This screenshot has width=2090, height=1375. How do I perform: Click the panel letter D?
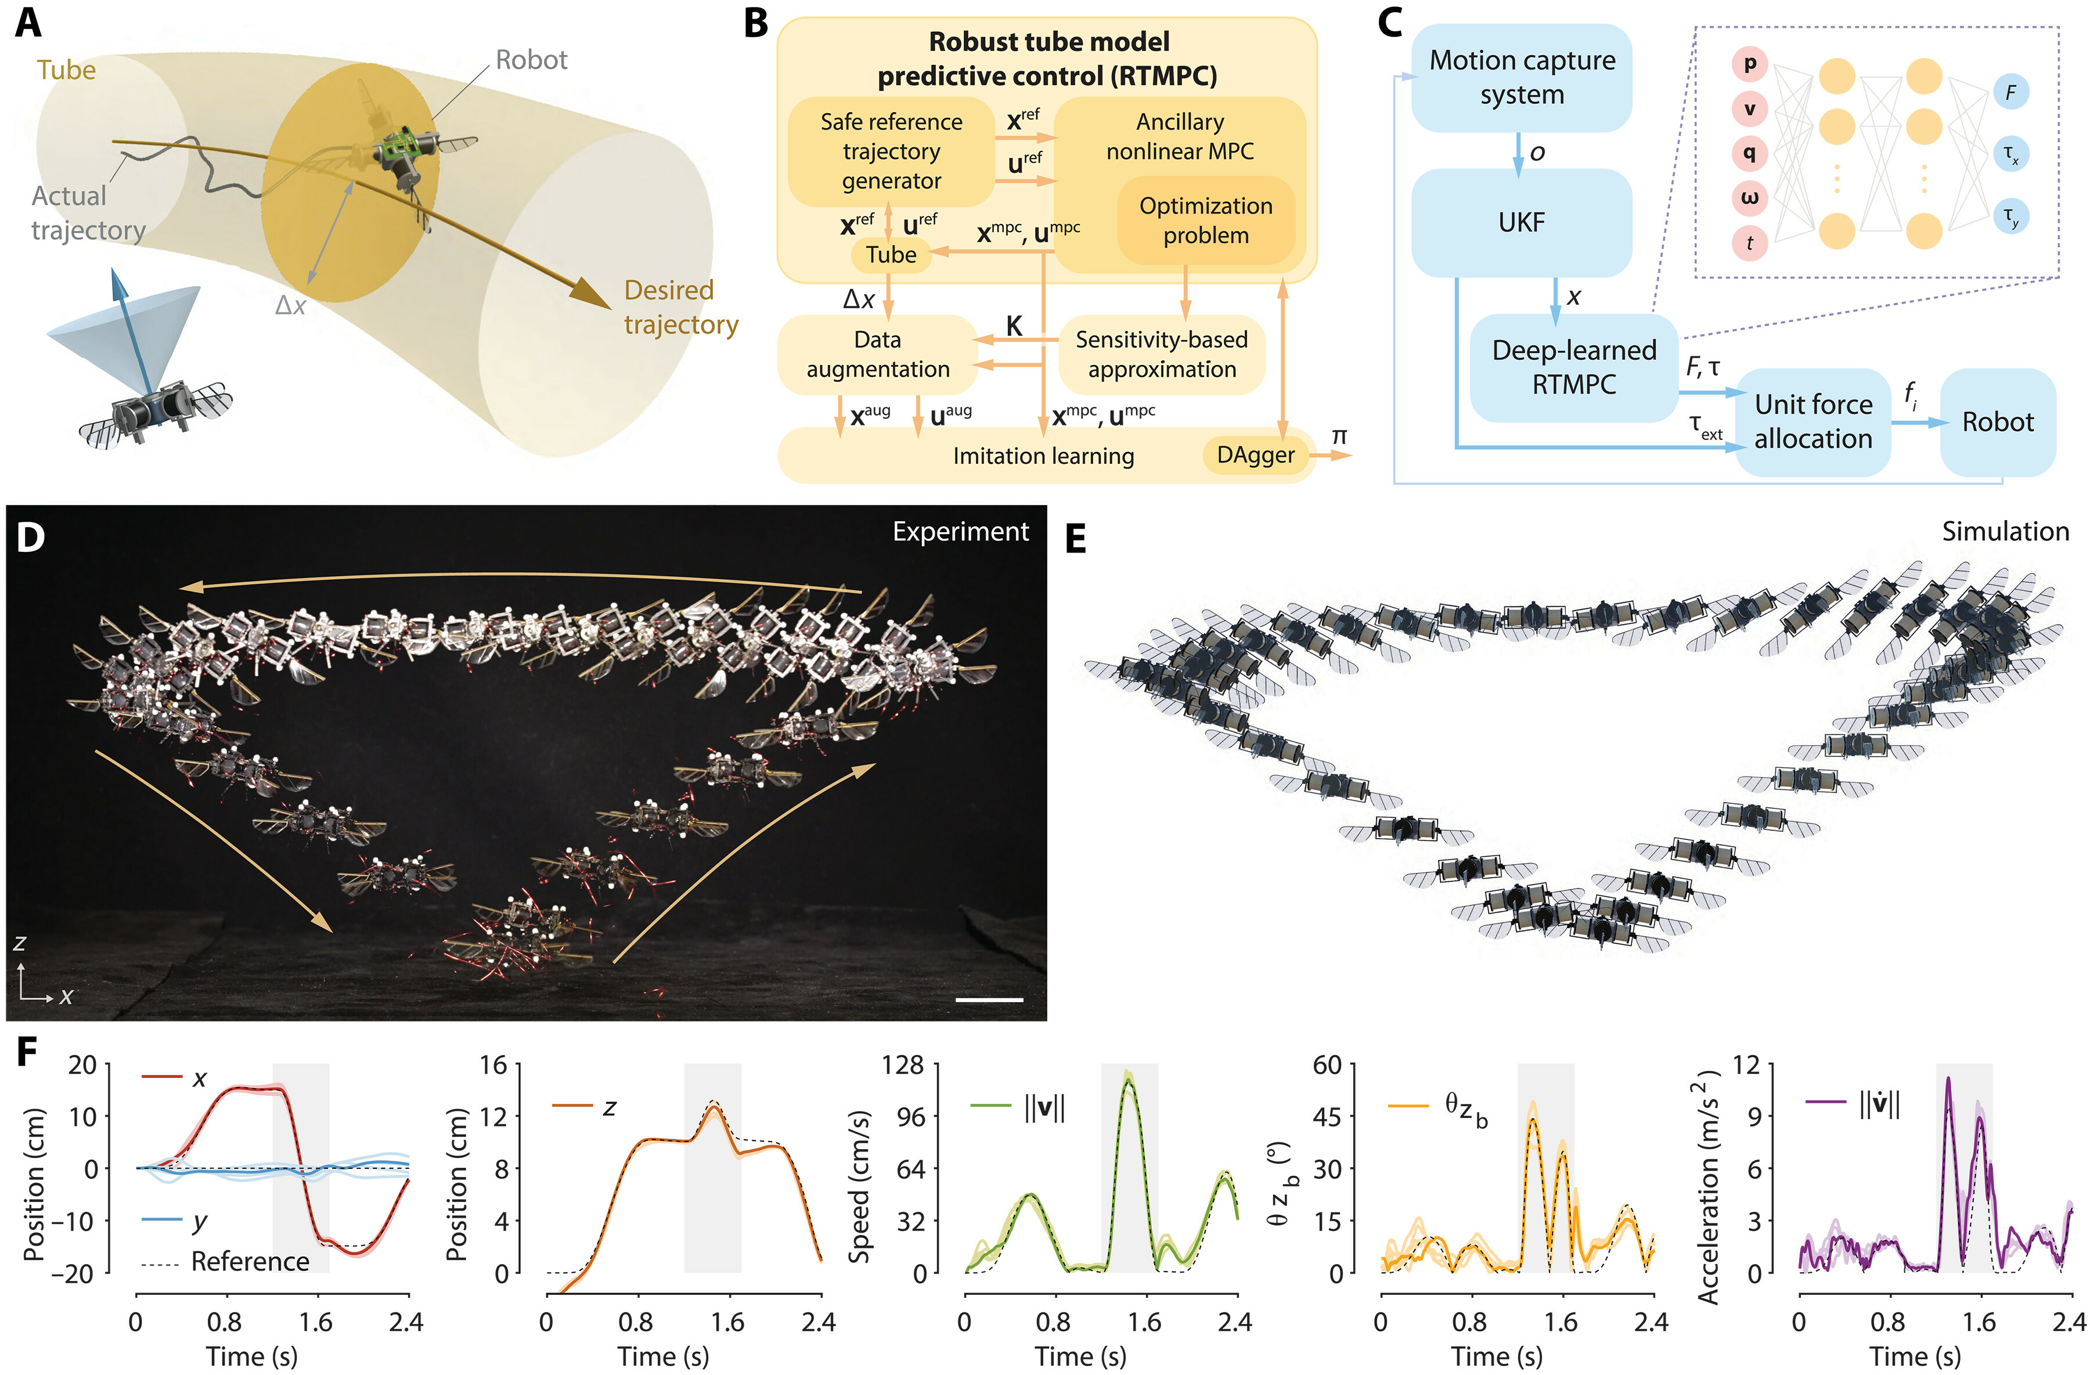(30, 536)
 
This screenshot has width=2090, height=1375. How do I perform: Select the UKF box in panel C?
(1521, 222)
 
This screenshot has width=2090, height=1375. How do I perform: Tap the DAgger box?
(1255, 455)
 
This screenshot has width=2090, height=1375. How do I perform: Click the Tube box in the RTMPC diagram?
(891, 255)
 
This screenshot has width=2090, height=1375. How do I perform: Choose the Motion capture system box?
(1521, 77)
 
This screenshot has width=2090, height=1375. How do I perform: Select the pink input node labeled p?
(1749, 63)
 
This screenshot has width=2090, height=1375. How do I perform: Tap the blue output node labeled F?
(2010, 91)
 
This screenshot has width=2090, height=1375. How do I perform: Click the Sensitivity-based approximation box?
(1161, 354)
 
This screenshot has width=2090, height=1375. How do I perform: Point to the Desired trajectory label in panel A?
(680, 307)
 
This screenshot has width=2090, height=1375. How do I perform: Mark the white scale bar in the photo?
(989, 999)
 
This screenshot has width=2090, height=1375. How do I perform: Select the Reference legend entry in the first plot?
(250, 1262)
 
